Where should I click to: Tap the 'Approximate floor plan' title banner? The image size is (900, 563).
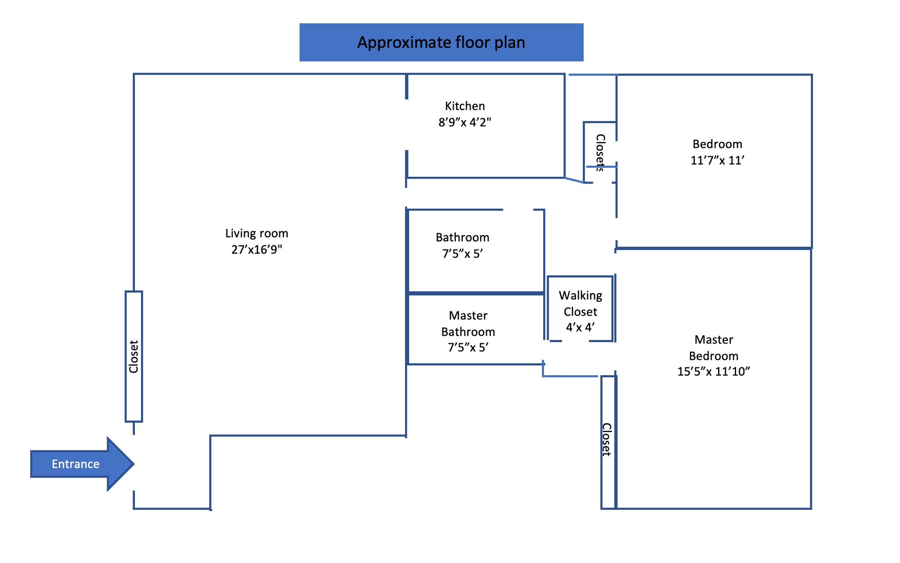441,42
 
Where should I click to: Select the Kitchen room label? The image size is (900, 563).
465,106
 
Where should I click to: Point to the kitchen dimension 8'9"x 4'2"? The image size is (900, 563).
465,122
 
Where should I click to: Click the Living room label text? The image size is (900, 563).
257,234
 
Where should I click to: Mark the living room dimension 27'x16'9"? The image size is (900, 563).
257,250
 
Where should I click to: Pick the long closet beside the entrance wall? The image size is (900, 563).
134,356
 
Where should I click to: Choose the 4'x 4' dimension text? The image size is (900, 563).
580,328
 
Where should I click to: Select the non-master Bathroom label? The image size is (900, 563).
462,238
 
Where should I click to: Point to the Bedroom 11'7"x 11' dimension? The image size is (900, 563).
717,161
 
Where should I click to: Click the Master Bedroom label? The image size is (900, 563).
714,347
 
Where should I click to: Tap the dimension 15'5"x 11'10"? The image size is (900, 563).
713,372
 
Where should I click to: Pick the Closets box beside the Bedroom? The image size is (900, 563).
600,152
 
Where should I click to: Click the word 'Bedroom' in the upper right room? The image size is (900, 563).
717,144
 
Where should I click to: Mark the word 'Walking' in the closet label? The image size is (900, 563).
580,296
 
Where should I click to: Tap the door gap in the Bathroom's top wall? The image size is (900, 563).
518,210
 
